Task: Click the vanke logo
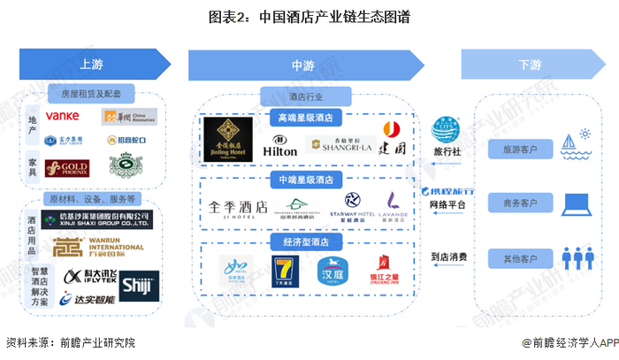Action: pos(63,116)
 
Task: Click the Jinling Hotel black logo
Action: pos(227,139)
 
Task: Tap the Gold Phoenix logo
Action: pos(67,167)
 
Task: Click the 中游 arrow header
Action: pos(302,65)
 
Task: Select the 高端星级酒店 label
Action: pos(306,116)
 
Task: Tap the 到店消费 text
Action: pos(449,257)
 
